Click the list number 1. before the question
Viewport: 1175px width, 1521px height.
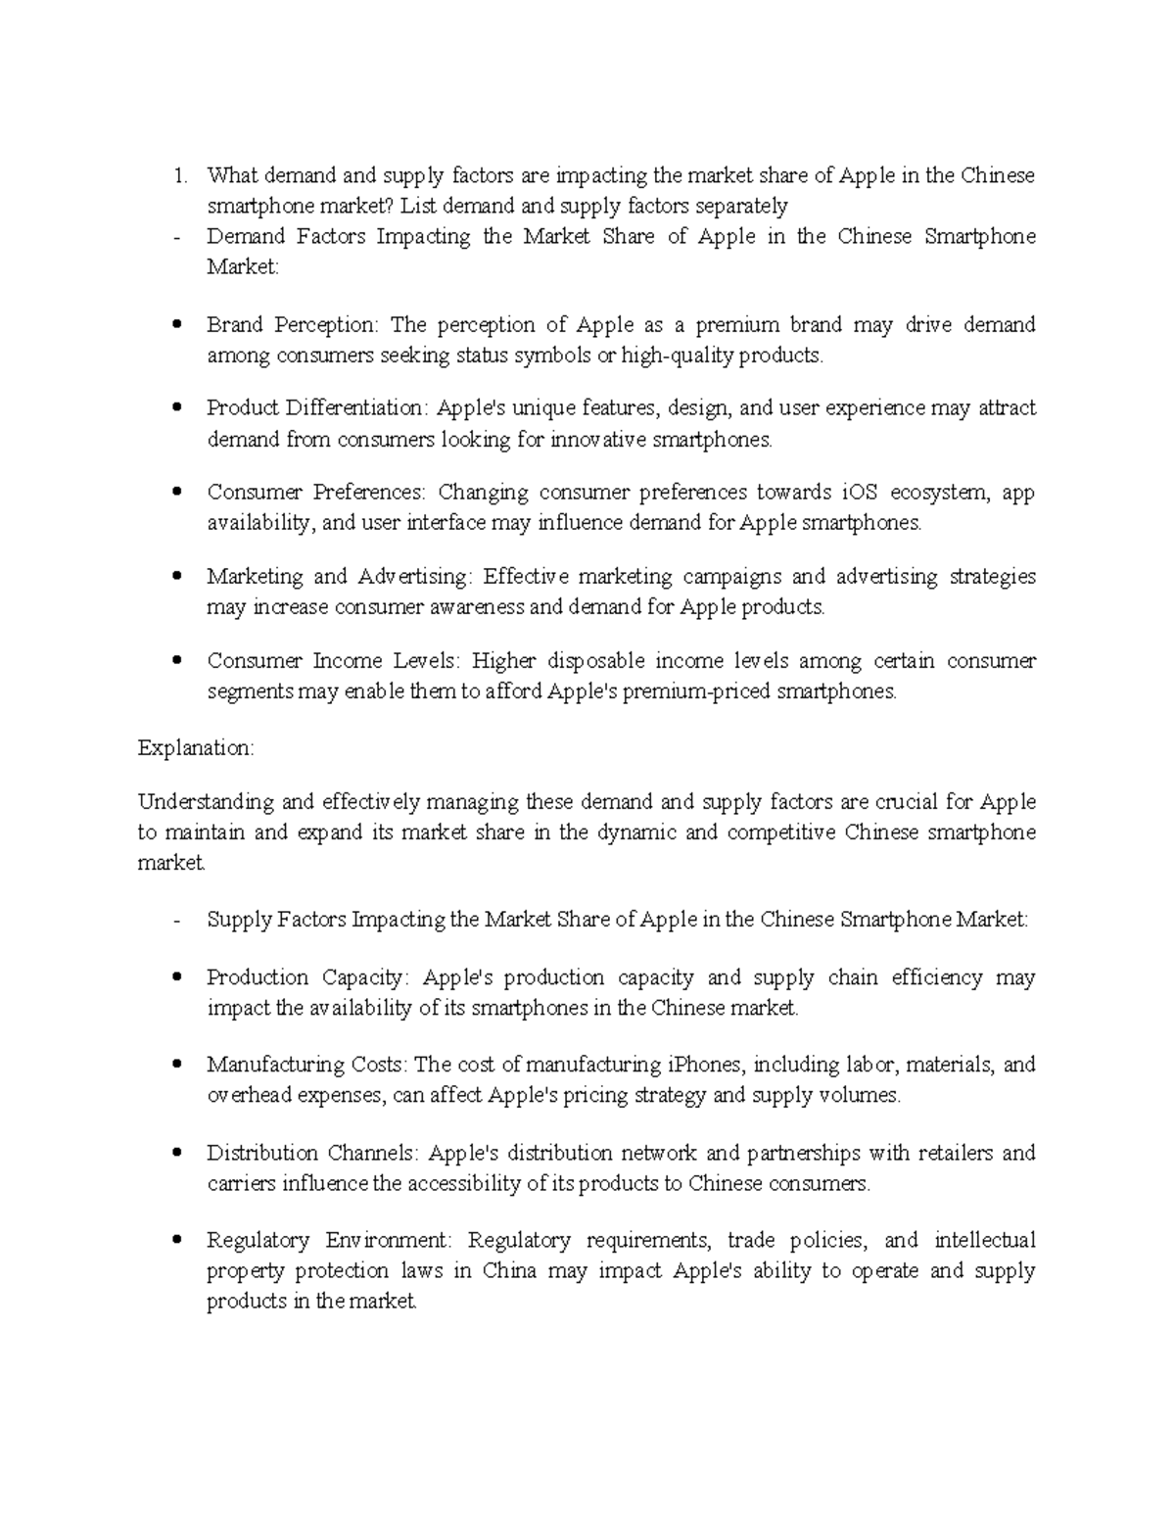click(x=178, y=176)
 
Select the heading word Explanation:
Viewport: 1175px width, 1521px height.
click(x=196, y=748)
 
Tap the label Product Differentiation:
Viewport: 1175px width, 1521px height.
click(x=317, y=408)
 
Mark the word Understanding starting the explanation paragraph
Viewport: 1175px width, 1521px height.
click(x=206, y=802)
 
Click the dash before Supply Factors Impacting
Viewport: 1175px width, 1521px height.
click(x=175, y=921)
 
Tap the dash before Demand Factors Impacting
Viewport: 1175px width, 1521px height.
click(x=175, y=237)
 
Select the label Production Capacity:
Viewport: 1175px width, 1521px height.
click(x=309, y=977)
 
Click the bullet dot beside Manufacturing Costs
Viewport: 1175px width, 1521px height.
click(x=176, y=1065)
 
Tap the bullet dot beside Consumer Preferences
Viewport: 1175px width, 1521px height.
click(x=176, y=493)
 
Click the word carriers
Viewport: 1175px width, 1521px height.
click(x=241, y=1184)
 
